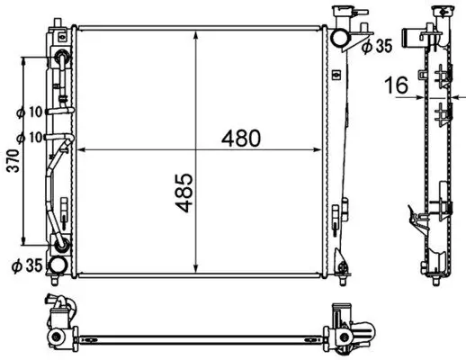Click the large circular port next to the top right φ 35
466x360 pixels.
pyautogui.click(x=340, y=37)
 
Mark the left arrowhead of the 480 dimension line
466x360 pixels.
pyautogui.click(x=80, y=148)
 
